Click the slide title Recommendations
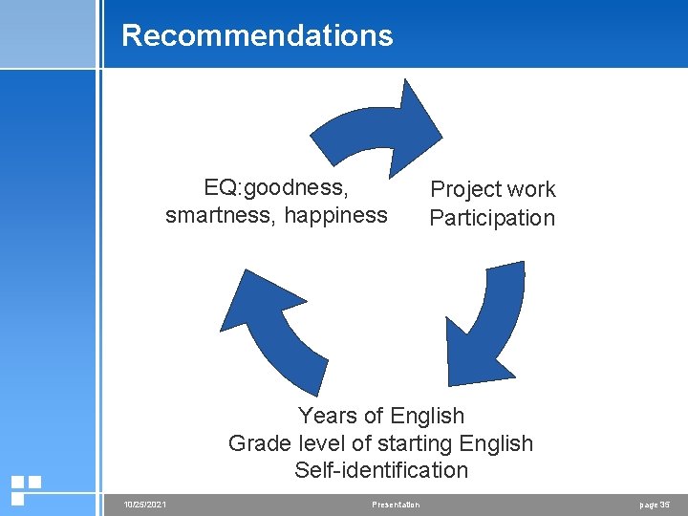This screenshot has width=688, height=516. pos(257,35)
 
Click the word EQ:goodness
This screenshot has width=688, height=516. pos(276,185)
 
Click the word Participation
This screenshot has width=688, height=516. pos(492,218)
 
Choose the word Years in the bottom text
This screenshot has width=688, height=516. pos(327,416)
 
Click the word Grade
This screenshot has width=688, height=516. pos(257,443)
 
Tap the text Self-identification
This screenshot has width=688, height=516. pos(381,470)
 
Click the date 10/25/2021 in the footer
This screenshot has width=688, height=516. pos(145,505)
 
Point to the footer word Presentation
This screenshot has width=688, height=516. pos(396,505)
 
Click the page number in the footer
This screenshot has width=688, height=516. pos(655,505)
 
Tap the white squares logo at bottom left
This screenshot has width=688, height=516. pos(26,489)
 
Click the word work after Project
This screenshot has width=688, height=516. pos(530,189)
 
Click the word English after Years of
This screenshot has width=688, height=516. pos(428,416)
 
